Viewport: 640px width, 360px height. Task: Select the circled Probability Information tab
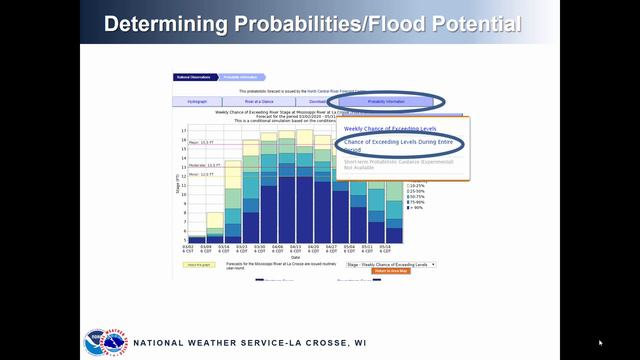(386, 101)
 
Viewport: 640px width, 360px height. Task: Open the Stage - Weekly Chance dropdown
(391, 264)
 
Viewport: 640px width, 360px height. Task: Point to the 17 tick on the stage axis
(184, 130)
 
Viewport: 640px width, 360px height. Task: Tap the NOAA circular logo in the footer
(95, 340)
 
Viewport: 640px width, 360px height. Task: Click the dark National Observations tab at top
(191, 76)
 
